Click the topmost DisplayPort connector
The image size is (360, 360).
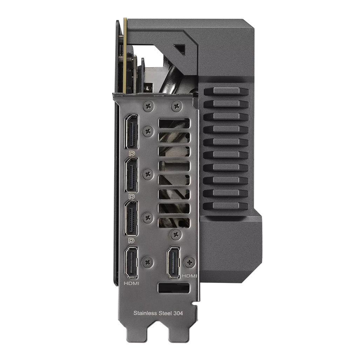[131, 132]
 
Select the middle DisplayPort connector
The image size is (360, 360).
[131, 175]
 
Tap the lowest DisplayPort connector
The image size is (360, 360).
[131, 218]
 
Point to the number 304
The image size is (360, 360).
[178, 313]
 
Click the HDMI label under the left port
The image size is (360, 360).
[132, 283]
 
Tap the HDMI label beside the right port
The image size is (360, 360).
[189, 276]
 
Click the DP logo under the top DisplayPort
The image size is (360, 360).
[132, 153]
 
